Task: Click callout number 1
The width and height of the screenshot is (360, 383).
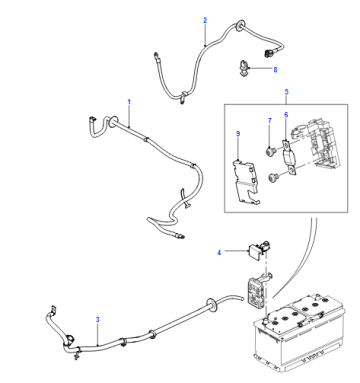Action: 129,101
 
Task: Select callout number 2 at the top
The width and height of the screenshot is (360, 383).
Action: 205,20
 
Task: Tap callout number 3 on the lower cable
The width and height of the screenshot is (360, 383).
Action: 98,319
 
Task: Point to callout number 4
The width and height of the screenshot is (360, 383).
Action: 219,253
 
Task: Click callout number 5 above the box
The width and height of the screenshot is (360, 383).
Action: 287,92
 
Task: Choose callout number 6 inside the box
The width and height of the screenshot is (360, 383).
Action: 286,115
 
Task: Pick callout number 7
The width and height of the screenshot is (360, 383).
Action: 270,121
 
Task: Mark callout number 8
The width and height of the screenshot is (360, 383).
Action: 275,70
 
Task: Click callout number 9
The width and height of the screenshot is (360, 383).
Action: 238,134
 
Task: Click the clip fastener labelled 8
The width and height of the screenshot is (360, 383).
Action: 244,68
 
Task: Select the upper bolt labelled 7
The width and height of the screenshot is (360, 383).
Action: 269,152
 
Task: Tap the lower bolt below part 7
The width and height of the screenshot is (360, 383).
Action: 273,177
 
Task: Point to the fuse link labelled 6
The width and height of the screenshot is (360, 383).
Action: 288,157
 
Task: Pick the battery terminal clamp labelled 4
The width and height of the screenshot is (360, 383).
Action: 259,248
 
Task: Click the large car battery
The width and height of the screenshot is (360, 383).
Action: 299,333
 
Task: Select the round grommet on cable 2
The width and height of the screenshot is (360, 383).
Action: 239,26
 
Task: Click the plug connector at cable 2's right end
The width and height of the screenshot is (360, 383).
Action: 268,53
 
